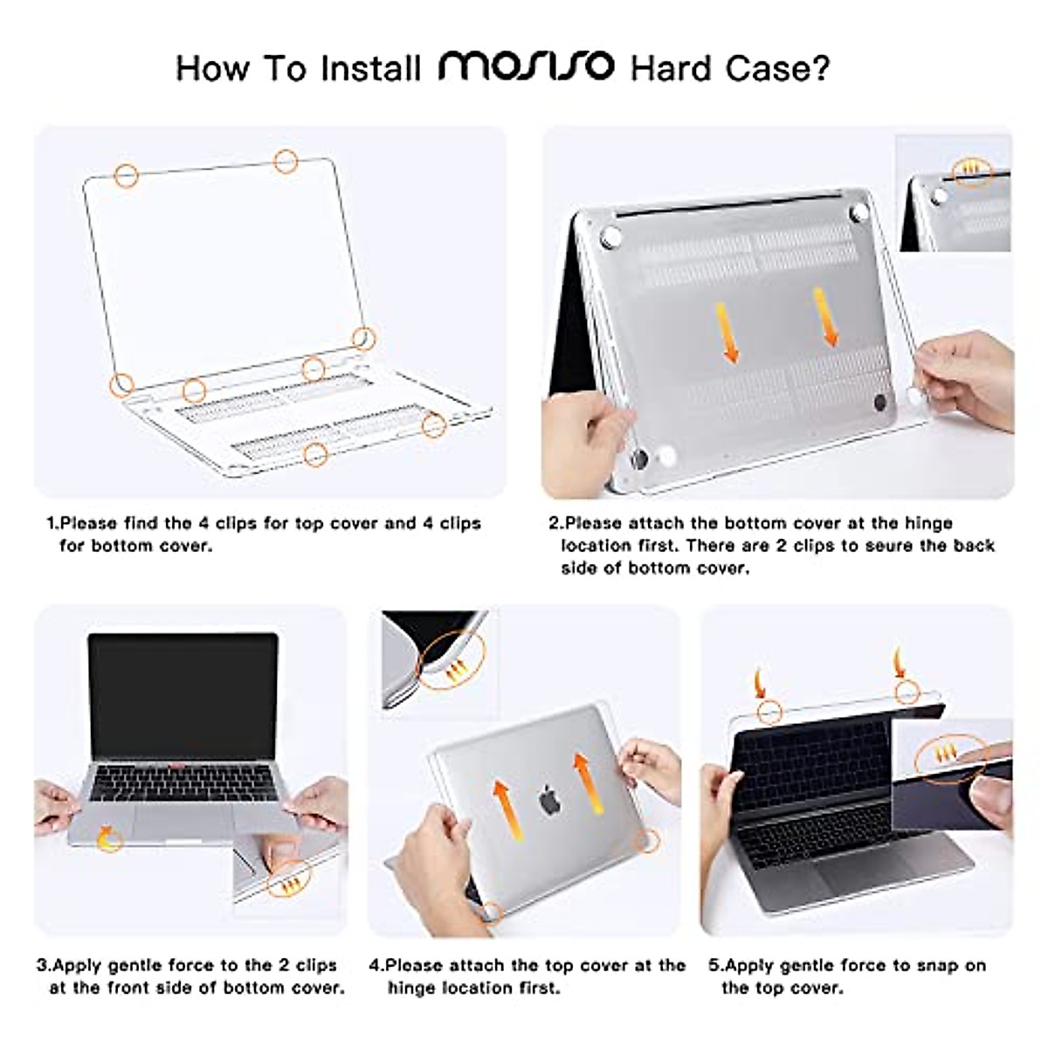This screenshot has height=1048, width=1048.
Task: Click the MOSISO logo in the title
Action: tap(526, 66)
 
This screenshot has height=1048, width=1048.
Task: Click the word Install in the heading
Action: tap(370, 67)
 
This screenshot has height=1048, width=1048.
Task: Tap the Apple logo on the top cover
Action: tap(548, 799)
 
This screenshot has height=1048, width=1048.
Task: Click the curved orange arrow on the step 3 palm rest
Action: tap(108, 839)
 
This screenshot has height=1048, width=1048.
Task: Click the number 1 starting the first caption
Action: tap(51, 523)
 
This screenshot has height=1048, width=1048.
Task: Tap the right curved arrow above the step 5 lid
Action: tap(900, 663)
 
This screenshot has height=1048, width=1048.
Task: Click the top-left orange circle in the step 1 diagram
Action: tap(127, 176)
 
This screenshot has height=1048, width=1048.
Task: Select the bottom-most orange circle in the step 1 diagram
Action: tap(316, 453)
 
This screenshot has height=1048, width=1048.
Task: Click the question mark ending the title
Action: tap(820, 67)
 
